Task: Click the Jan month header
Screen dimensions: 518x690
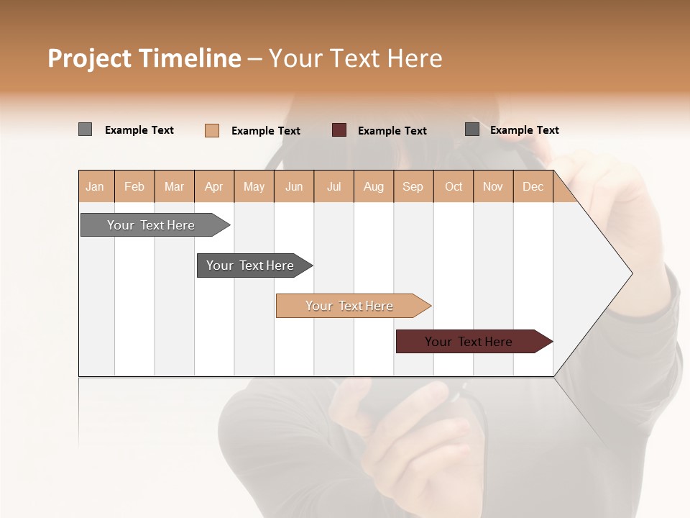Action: pos(96,186)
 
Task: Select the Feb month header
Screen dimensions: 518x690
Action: pos(134,186)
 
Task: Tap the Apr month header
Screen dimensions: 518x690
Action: pos(214,186)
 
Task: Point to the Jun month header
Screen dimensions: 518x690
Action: pos(294,186)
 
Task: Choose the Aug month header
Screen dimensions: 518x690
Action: pos(374,186)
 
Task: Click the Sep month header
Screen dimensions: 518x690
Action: pos(413,186)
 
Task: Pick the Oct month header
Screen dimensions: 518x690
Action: pos(454,186)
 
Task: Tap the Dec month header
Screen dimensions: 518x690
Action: pos(533,186)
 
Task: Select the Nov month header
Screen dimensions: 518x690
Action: pos(493,186)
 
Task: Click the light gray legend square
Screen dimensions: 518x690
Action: pos(85,129)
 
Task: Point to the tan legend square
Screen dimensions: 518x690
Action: pos(211,130)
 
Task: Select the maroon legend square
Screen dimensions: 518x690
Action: pos(339,129)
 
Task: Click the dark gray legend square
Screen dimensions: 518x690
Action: pos(472,129)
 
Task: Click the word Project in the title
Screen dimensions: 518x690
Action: pos(89,58)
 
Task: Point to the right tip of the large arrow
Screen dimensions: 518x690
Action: pos(631,273)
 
